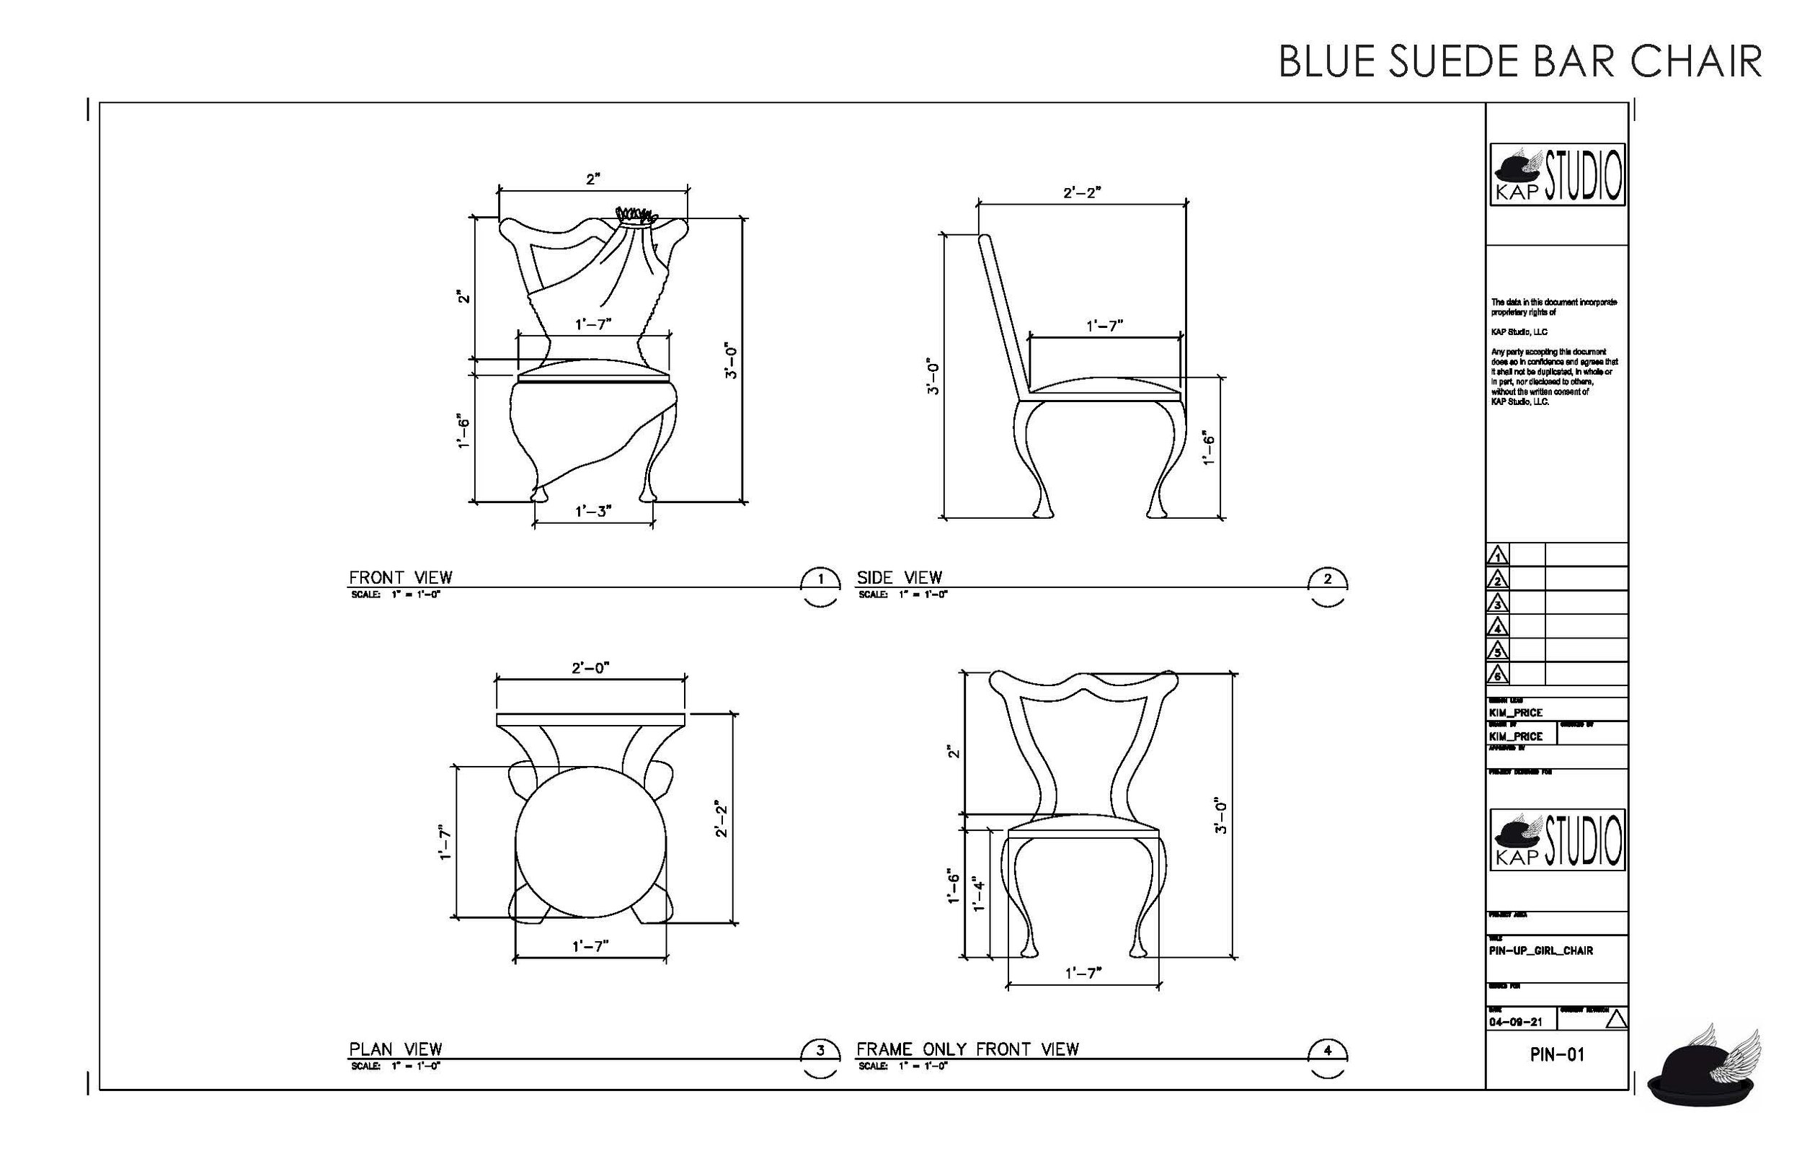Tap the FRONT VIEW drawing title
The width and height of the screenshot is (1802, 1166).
400,578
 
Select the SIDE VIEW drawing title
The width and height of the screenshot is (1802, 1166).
899,578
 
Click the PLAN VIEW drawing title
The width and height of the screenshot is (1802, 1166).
395,1049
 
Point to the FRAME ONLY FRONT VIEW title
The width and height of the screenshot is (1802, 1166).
967,1049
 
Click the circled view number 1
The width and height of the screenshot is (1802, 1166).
820,579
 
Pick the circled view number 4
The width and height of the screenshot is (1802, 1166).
1327,1050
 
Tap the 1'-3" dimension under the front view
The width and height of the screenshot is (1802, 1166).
592,512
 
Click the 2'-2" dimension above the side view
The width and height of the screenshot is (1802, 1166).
1082,193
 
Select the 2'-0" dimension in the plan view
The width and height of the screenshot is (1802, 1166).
590,669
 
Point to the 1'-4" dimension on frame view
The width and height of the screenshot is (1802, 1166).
979,894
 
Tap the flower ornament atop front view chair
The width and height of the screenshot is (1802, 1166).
634,215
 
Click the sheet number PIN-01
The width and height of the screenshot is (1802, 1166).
1557,1055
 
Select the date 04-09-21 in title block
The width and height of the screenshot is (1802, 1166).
1515,1022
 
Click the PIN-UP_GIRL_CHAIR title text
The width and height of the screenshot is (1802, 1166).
1541,951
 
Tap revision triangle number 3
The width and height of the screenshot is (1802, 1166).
1497,603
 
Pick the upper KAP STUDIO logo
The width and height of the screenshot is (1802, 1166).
1557,175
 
